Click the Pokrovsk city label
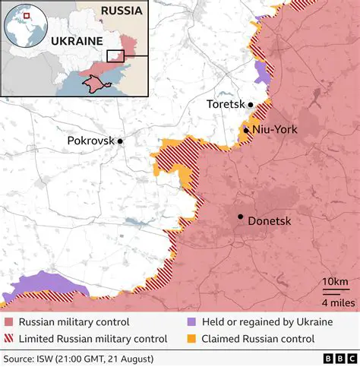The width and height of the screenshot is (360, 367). [x=90, y=141]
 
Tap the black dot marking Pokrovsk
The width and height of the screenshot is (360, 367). [x=120, y=141]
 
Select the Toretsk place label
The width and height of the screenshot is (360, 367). [x=226, y=104]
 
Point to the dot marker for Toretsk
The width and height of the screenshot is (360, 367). [x=250, y=104]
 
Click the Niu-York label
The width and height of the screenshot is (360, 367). [x=274, y=130]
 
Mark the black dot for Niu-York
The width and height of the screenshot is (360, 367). [x=246, y=131]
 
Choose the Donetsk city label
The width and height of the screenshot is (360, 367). [x=270, y=221]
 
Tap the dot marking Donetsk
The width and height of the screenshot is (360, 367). [x=241, y=217]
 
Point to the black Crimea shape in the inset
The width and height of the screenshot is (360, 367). [x=97, y=81]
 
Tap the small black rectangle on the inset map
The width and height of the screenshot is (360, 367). [x=115, y=55]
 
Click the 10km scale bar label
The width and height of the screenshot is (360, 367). [x=335, y=283]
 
